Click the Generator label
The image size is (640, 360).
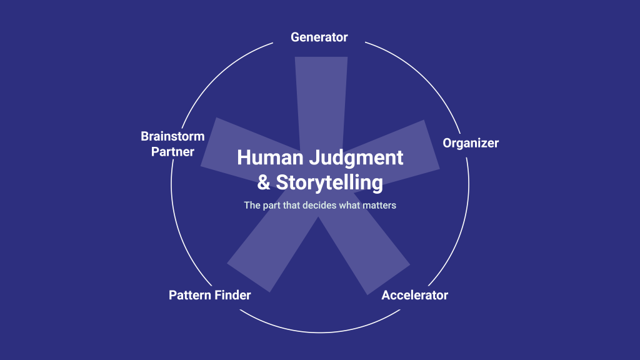click(319, 37)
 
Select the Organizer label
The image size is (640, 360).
click(471, 143)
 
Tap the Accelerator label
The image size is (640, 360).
click(414, 295)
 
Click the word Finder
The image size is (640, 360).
click(232, 295)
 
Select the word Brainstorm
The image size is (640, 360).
click(172, 136)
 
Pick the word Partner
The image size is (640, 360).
click(172, 152)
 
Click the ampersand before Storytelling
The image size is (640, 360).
click(264, 183)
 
